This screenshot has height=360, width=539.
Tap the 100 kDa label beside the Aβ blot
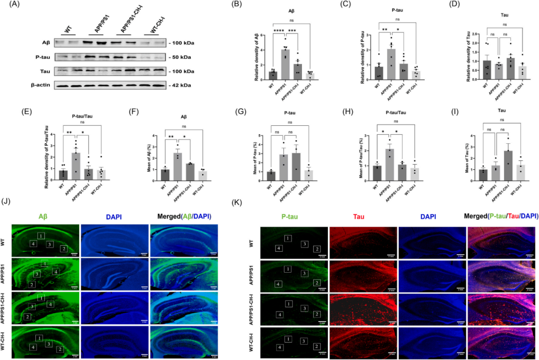click(x=182, y=43)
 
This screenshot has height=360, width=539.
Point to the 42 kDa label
click(x=181, y=85)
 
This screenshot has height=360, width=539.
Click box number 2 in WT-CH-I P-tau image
click(x=316, y=346)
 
